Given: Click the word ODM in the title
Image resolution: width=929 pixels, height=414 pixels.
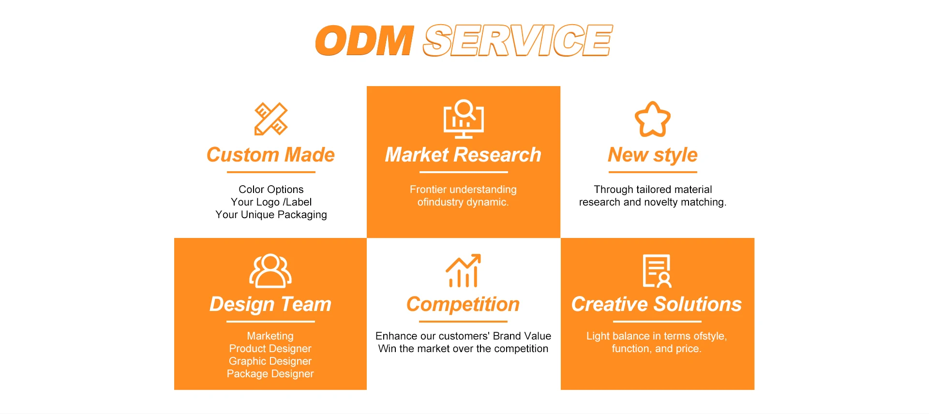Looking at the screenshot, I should [364, 41].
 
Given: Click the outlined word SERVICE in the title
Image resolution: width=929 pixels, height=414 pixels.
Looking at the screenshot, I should [517, 41].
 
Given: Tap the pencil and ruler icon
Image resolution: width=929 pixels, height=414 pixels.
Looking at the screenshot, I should [271, 119].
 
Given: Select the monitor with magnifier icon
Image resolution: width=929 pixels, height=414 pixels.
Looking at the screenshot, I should [464, 119].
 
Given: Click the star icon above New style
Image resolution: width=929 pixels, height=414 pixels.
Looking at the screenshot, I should [653, 119].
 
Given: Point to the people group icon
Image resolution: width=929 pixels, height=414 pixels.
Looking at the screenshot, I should [270, 271].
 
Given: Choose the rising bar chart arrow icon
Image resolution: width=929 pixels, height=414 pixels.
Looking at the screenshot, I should [463, 270].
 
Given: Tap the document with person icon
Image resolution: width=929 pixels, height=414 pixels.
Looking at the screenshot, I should [657, 271].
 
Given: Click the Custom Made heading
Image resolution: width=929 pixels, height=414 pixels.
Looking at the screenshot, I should [270, 155].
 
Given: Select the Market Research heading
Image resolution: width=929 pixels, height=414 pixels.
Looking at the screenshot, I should [463, 155].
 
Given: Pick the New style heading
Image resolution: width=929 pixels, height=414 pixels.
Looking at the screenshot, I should [653, 155].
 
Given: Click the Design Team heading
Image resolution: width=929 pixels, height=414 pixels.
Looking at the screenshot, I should [270, 305].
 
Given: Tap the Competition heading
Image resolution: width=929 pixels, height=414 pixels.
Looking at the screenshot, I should [463, 305].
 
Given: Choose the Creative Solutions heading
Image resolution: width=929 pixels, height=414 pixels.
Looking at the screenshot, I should [657, 305].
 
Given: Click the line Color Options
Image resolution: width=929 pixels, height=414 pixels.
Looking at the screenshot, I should [271, 190].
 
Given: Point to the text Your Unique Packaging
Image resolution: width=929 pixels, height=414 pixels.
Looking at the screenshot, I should [271, 215].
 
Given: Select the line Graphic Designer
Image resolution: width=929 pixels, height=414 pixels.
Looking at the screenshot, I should [270, 361].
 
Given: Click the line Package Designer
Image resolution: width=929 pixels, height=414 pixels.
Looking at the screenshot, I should [270, 374].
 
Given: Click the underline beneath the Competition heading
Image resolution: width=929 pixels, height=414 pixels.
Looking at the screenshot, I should [463, 322].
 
